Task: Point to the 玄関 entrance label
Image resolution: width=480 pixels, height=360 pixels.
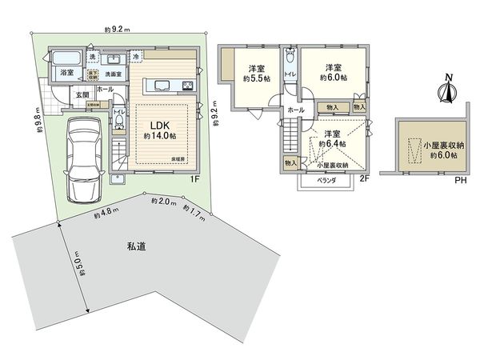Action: [82, 94]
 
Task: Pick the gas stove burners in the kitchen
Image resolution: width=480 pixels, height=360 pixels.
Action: [187, 86]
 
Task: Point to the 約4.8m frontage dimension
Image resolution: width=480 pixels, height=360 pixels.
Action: [106, 215]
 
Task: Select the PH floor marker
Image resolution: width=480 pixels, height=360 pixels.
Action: [460, 180]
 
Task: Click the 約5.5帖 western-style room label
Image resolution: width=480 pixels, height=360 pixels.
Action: [256, 74]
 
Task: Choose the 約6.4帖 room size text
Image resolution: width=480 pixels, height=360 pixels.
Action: [331, 144]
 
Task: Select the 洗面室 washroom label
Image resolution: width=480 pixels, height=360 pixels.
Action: [111, 74]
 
